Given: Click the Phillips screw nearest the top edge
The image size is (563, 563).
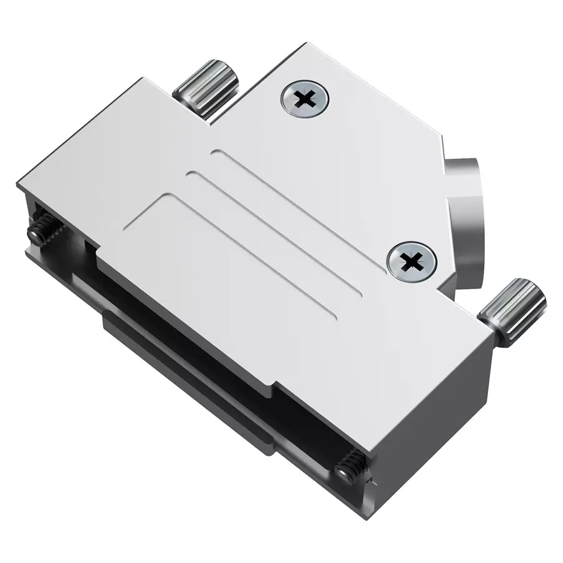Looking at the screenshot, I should click(305, 99).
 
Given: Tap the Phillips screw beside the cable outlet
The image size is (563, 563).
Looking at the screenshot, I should click(410, 261).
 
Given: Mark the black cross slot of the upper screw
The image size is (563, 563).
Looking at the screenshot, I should click(305, 99).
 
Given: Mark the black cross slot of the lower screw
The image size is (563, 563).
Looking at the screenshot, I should click(410, 261).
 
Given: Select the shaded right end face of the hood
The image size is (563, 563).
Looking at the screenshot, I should click(432, 438).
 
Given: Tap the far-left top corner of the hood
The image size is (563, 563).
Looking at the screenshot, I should click(19, 183).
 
